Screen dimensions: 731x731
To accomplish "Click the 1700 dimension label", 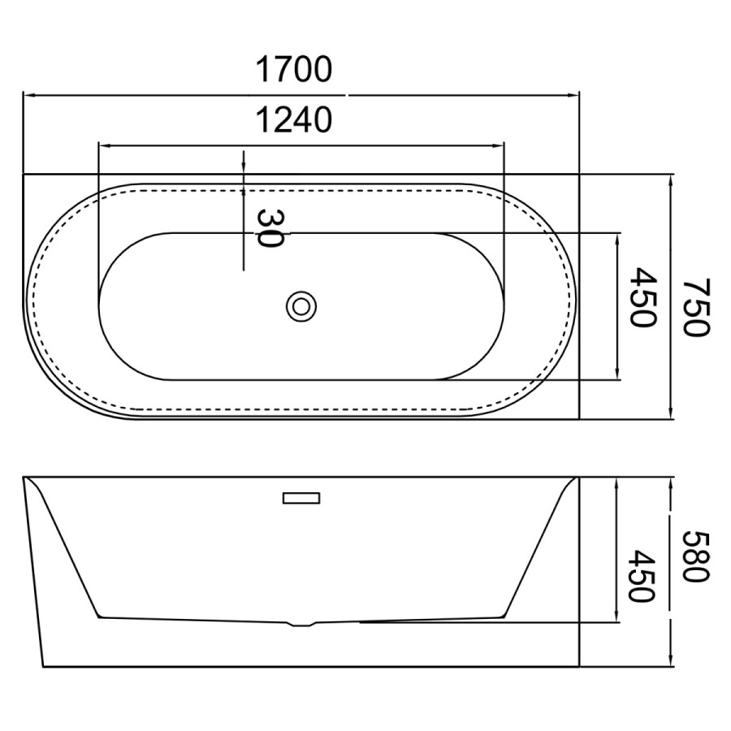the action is point(294,70).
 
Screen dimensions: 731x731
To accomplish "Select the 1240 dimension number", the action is point(294,119).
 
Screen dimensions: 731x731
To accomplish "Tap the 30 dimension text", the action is point(270,228).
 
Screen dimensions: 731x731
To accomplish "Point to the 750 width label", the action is point(696,307).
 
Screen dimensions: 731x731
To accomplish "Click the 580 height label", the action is point(696,556).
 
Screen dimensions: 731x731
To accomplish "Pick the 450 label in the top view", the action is point(643,297).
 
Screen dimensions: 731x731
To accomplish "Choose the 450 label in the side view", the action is point(643,576).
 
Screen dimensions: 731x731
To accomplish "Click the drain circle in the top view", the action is point(301,306).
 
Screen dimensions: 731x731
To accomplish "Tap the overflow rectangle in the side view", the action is point(301,498).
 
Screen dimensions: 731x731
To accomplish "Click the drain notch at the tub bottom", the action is point(303,624).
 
